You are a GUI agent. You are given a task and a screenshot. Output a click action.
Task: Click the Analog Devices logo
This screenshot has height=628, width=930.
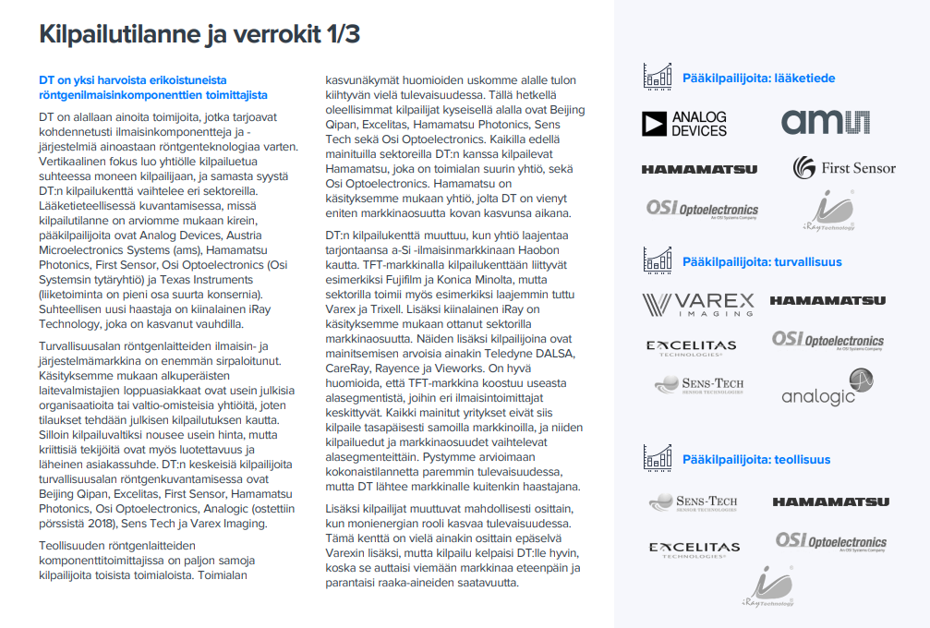[x=684, y=124]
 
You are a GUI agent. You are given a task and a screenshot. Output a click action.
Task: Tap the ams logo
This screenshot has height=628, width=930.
[x=826, y=122]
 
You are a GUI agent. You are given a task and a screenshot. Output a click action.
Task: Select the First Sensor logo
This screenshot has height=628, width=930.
[x=844, y=167]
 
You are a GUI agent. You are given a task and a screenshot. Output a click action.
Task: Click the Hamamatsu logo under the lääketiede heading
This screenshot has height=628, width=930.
[x=699, y=169]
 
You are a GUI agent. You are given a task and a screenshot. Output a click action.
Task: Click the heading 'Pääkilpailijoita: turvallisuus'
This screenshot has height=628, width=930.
[x=762, y=261]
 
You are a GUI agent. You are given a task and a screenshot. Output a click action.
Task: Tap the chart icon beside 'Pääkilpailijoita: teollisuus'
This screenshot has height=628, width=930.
[x=658, y=457]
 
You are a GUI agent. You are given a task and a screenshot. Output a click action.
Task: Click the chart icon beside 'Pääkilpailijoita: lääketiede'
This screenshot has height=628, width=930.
[x=658, y=77]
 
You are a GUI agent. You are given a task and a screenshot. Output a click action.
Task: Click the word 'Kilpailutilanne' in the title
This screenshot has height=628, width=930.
[x=119, y=35]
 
